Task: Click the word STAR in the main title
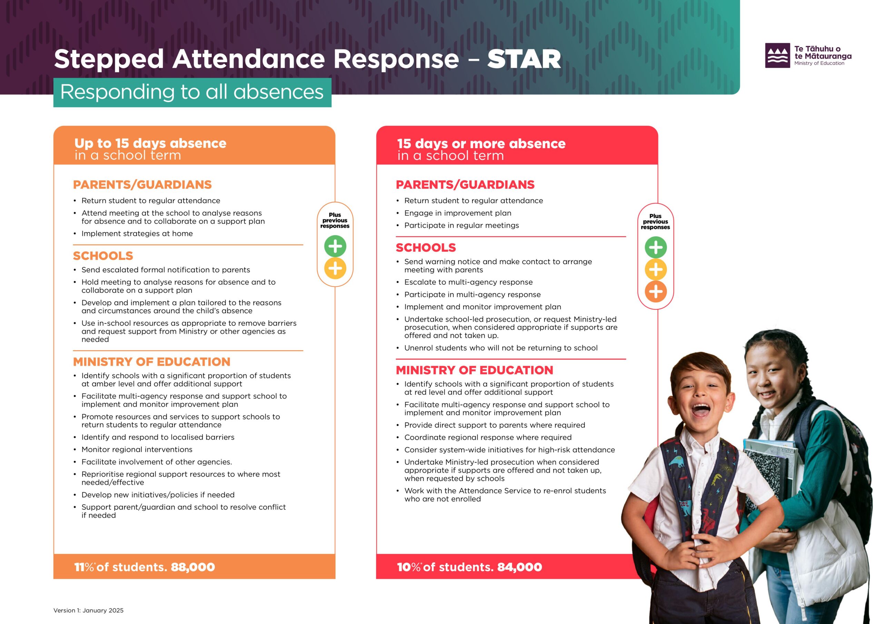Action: pyautogui.click(x=524, y=59)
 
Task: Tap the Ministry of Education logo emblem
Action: pyautogui.click(x=777, y=56)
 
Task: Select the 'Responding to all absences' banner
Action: pyautogui.click(x=192, y=92)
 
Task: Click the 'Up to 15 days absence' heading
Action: pyautogui.click(x=150, y=143)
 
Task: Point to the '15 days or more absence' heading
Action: pyautogui.click(x=481, y=143)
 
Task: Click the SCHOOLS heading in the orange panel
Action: pyautogui.click(x=103, y=256)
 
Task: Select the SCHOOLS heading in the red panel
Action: pyautogui.click(x=426, y=248)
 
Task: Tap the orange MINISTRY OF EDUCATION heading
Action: pyautogui.click(x=151, y=362)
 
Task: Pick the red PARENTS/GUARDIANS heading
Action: pyautogui.click(x=465, y=184)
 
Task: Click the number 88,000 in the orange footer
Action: pyautogui.click(x=193, y=567)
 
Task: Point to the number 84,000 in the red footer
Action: pyautogui.click(x=519, y=567)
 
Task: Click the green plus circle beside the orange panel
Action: pyautogui.click(x=335, y=246)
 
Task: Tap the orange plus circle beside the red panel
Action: pyautogui.click(x=656, y=291)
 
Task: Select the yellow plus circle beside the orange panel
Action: pyautogui.click(x=335, y=268)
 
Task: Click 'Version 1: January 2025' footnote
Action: pyautogui.click(x=88, y=610)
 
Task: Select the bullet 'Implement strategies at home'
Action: pyautogui.click(x=137, y=233)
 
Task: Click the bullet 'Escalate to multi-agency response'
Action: pyautogui.click(x=468, y=282)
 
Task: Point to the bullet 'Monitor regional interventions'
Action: pyautogui.click(x=137, y=450)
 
